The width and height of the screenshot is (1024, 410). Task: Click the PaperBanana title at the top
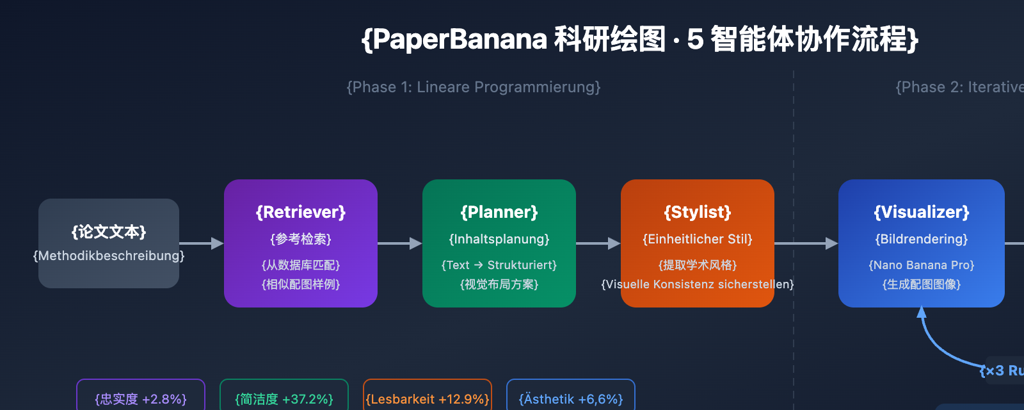point(640,39)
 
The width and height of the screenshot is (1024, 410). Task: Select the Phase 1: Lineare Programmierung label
point(474,87)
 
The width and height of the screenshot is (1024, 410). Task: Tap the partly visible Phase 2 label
point(960,87)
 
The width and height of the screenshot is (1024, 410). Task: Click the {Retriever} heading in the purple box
point(301,212)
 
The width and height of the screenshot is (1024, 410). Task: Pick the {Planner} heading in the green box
point(499,212)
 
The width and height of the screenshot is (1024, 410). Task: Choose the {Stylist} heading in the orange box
point(698,212)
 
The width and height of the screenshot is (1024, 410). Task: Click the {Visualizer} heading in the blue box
point(922,212)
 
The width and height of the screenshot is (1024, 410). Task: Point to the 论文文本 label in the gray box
point(109,231)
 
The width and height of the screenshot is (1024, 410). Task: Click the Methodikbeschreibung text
point(109,256)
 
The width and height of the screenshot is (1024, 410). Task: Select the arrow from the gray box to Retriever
point(201,243)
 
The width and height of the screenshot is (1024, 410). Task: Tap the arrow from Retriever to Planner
point(399,243)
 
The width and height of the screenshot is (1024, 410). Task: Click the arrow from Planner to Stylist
point(598,243)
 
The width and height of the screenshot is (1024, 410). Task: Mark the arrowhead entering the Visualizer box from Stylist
point(831,243)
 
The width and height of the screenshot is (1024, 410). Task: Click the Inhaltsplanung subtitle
point(499,239)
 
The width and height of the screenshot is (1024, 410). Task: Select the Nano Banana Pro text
point(922,265)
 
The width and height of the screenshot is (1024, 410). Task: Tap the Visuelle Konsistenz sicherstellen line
point(698,284)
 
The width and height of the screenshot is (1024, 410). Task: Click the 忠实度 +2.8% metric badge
point(141,398)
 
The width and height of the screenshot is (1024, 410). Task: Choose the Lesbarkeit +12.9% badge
point(428,398)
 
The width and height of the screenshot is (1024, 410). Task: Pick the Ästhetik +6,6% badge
point(571,398)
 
